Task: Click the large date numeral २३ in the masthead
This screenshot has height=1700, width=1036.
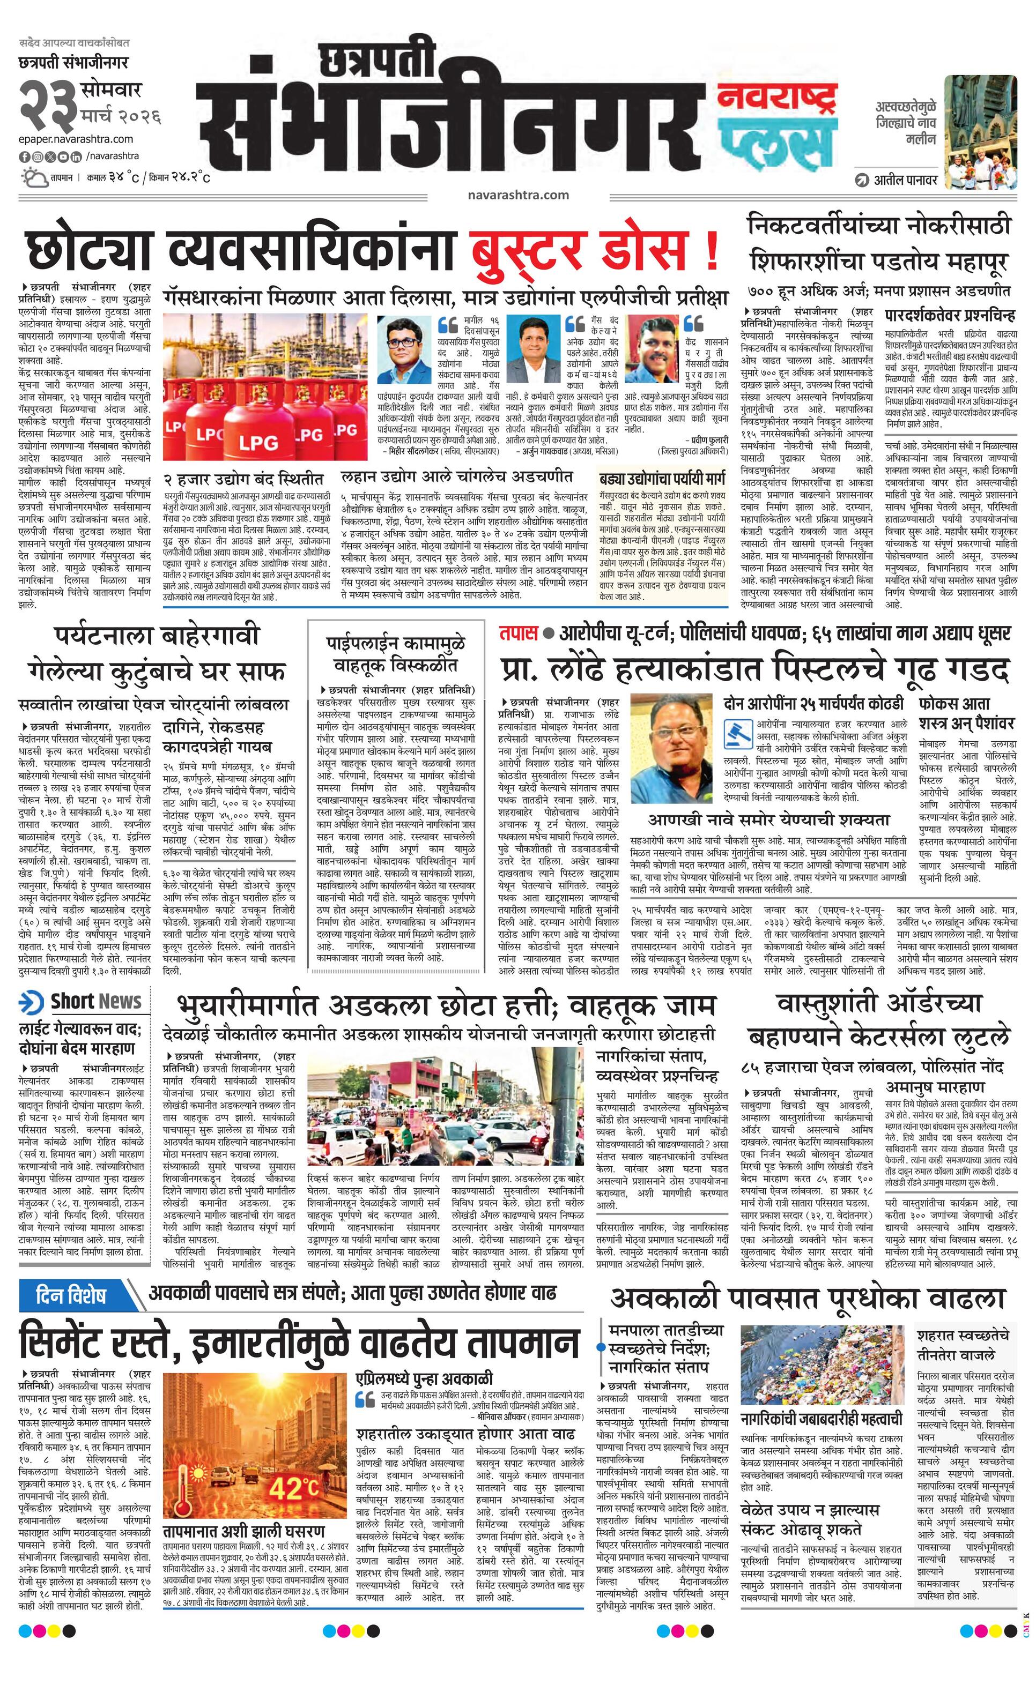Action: (x=47, y=103)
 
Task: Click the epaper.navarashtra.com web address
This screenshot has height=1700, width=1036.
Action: (x=76, y=139)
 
